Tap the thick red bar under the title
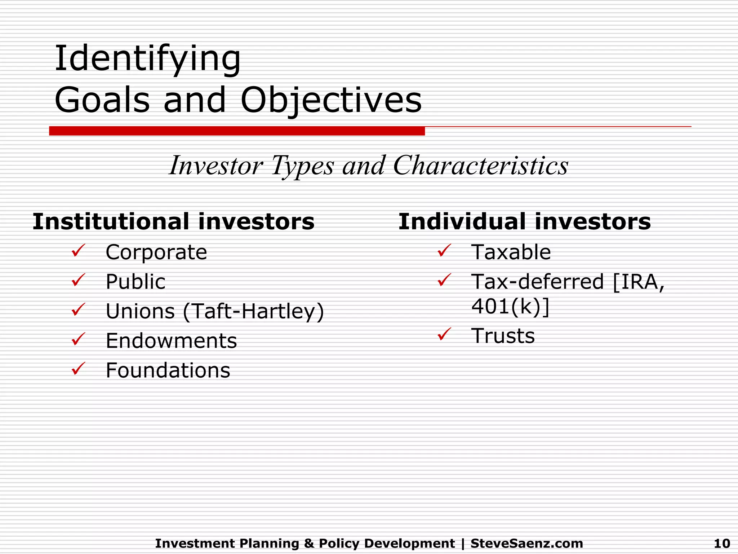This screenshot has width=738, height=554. [x=237, y=131]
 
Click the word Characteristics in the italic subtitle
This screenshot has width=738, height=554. [x=480, y=166]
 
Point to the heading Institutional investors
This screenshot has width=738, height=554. [x=173, y=221]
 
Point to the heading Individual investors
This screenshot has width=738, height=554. [x=524, y=221]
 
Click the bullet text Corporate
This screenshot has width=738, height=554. [x=156, y=252]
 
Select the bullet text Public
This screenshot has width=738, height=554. [x=135, y=282]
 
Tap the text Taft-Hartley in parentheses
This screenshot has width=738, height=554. [x=253, y=311]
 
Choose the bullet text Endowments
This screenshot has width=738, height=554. [x=171, y=341]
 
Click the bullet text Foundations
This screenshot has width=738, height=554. [x=168, y=370]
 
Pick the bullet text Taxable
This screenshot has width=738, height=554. [x=511, y=252]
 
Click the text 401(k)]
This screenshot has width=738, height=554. [x=510, y=307]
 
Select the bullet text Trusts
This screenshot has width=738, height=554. [x=503, y=336]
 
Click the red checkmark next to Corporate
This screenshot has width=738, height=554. [x=78, y=250]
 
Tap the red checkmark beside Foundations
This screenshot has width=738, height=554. [x=78, y=369]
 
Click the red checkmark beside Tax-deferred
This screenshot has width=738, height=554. [x=444, y=280]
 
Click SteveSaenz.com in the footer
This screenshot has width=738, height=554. [x=526, y=543]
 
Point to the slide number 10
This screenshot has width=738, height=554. [x=722, y=543]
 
